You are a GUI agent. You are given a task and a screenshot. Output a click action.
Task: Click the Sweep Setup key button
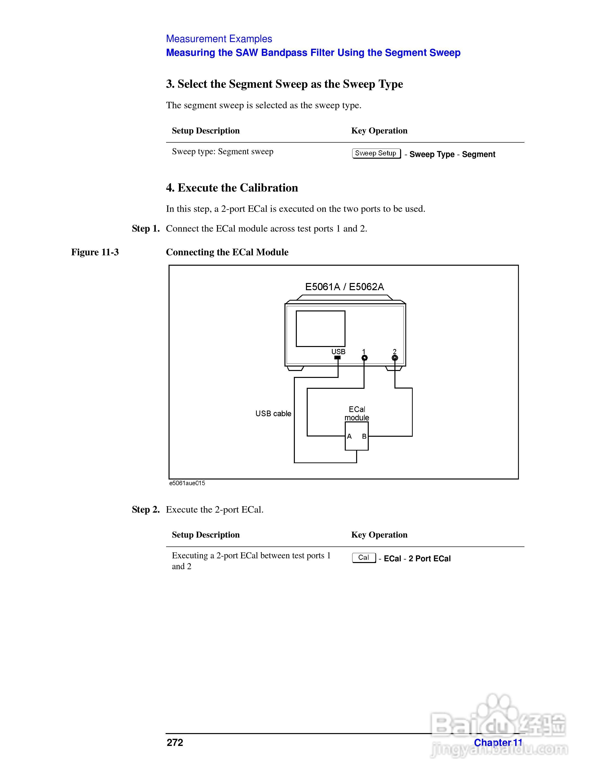(376, 153)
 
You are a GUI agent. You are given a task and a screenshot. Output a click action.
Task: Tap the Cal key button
(364, 558)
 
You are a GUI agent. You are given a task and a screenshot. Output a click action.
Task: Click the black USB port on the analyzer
(337, 357)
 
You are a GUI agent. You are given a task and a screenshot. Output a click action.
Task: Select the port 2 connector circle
(395, 358)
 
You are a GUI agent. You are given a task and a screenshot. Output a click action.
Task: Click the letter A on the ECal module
(349, 436)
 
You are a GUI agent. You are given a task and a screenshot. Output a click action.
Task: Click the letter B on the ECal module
(364, 436)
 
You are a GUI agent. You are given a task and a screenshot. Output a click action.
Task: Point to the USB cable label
(273, 414)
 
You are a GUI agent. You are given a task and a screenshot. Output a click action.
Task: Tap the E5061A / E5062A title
(345, 287)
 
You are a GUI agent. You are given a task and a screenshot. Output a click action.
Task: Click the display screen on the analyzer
(321, 328)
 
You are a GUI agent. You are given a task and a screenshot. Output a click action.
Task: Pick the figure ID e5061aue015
(187, 483)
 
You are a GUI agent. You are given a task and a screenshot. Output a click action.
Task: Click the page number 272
(175, 742)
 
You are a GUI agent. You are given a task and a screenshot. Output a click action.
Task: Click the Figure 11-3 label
(95, 252)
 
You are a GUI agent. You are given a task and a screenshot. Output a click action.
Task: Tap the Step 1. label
(146, 229)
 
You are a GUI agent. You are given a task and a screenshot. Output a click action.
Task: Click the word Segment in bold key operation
(478, 154)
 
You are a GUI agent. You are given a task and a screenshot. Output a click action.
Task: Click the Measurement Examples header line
(219, 39)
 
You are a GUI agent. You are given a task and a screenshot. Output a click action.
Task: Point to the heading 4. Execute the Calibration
(232, 188)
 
